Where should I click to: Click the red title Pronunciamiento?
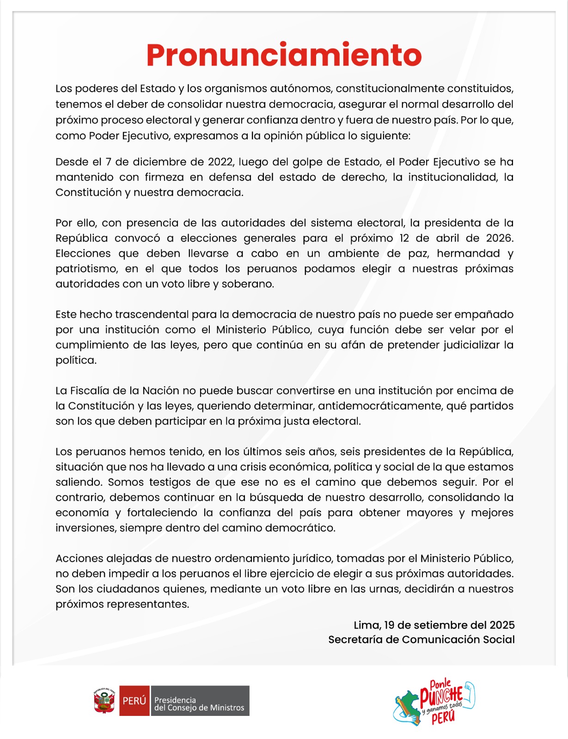(x=284, y=55)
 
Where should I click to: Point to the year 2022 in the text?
(x=221, y=162)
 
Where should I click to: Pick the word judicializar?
(x=471, y=345)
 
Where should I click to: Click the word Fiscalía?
(x=91, y=391)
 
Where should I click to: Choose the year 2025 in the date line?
(x=502, y=625)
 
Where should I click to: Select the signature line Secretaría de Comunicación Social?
(x=421, y=640)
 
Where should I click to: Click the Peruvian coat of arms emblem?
(x=104, y=701)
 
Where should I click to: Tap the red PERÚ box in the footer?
(x=134, y=701)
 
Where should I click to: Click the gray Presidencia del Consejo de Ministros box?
(x=200, y=701)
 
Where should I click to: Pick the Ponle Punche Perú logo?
(x=434, y=702)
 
